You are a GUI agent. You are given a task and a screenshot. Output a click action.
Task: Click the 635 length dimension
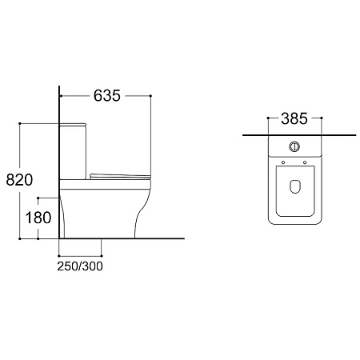[107, 95]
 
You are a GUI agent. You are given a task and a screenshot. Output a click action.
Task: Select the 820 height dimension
[19, 179]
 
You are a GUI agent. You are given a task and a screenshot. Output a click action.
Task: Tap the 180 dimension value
[38, 218]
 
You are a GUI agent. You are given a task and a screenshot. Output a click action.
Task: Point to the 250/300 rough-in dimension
[80, 266]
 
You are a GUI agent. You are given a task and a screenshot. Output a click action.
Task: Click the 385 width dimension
[294, 118]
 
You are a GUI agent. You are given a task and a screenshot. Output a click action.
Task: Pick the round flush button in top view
[294, 146]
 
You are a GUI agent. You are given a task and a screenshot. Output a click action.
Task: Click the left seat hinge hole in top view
[283, 162]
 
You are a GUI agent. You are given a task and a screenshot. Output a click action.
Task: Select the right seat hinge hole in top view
[305, 162]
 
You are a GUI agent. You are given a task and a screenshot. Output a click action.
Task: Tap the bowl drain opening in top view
[294, 186]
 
